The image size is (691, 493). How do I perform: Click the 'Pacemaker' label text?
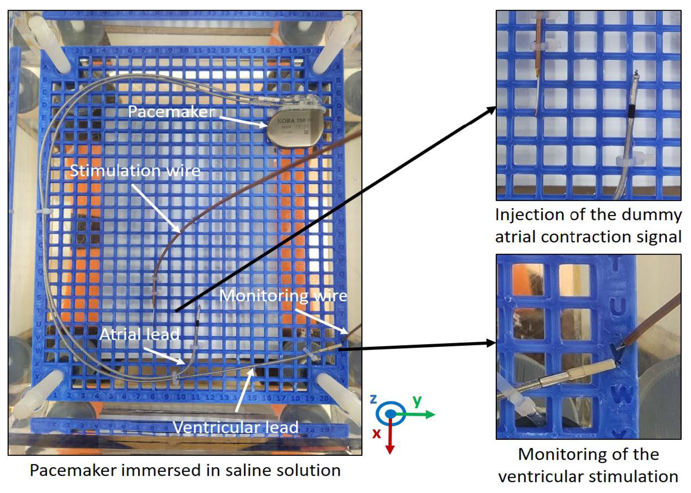click(171, 112)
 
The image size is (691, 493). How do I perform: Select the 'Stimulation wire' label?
click(135, 171)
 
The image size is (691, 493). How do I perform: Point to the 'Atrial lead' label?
click(140, 334)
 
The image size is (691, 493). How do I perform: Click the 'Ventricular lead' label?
click(236, 427)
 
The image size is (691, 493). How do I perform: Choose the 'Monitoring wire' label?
click(283, 295)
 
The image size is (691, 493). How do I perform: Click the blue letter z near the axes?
click(373, 399)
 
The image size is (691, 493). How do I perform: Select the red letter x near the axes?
click(376, 434)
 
